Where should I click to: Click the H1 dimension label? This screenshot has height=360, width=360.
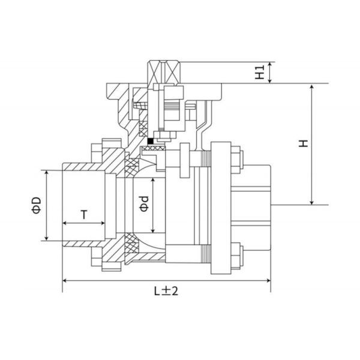tap(259, 73)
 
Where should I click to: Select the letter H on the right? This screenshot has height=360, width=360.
tap(304, 143)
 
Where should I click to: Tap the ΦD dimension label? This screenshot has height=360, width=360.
tap(37, 205)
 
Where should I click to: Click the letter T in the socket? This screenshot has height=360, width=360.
tap(84, 214)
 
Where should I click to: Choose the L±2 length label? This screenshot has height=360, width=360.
tap(166, 291)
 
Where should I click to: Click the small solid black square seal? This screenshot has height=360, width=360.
tap(151, 142)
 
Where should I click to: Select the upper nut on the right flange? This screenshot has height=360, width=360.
tap(236, 158)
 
